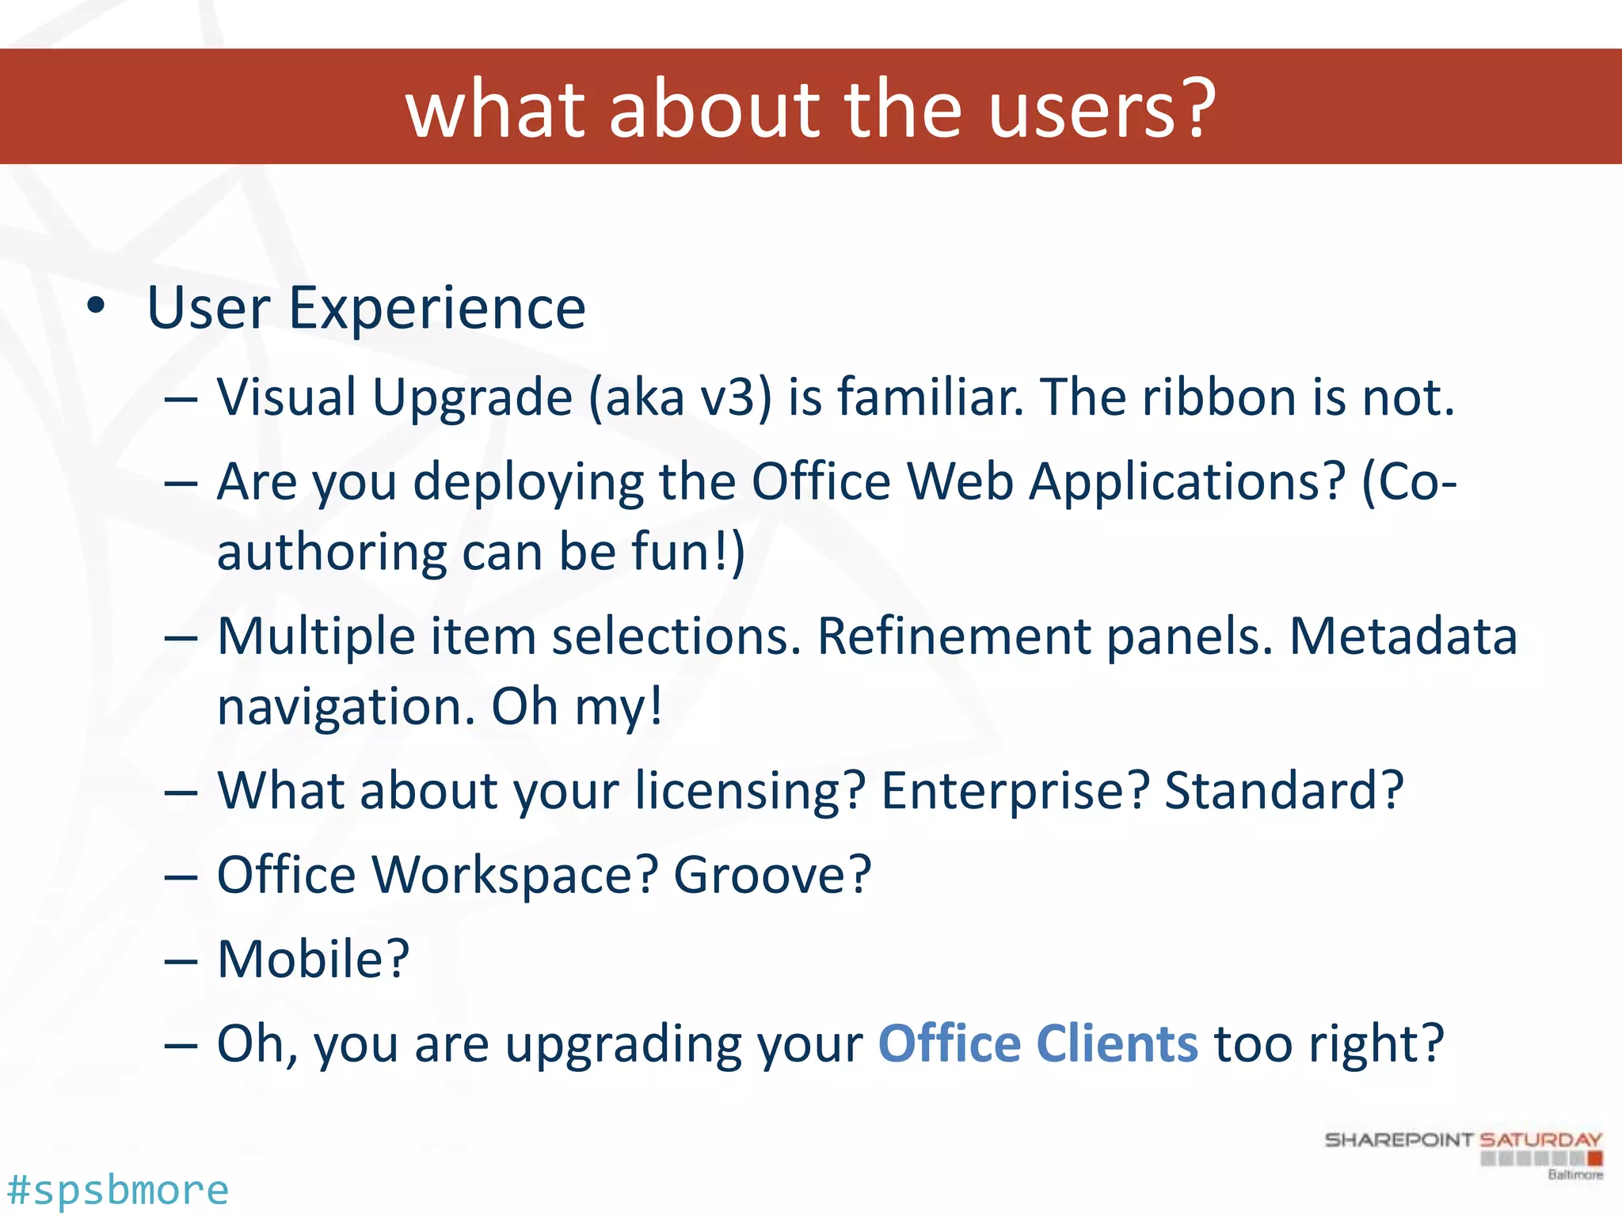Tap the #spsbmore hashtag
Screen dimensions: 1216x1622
[117, 1190]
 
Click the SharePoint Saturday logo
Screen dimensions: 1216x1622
[1464, 1153]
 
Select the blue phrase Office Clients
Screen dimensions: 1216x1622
[1038, 1043]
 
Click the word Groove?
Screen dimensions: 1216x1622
[772, 875]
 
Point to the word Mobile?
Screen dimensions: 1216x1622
[313, 959]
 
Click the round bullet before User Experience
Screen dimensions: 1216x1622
[96, 307]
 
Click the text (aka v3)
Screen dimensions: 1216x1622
[680, 397]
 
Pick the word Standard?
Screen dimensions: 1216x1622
[1284, 790]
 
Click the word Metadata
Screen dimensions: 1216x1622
[1403, 636]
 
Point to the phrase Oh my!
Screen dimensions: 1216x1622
[577, 706]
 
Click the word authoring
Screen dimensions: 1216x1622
[331, 552]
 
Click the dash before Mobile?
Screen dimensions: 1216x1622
[181, 960]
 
